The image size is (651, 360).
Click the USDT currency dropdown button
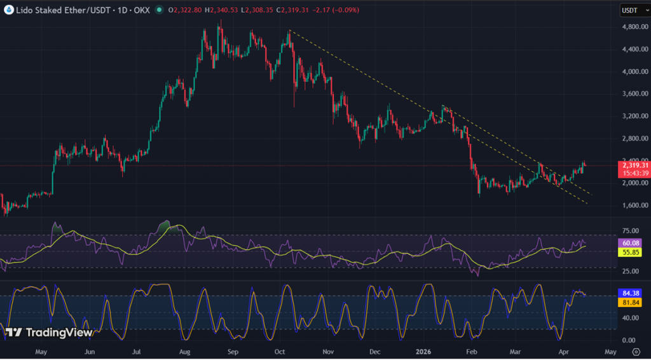coord(633,10)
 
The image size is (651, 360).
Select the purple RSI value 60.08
coord(629,243)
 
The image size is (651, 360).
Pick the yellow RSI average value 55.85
coord(629,253)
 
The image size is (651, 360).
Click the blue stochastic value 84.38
coord(629,293)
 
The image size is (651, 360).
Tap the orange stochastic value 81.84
coord(629,302)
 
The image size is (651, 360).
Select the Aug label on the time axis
coord(185,351)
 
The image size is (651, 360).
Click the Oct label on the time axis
coord(280,351)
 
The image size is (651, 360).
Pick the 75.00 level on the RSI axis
coord(629,231)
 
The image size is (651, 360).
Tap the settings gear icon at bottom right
coord(636,351)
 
